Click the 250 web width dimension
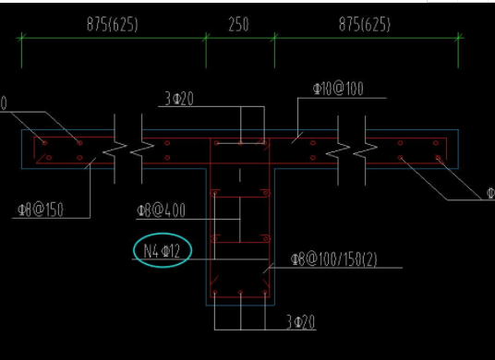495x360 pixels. (238, 25)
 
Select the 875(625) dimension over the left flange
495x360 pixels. (113, 25)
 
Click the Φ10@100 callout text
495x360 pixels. (337, 90)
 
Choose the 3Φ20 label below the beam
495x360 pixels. (300, 321)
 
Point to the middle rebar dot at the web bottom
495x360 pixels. (240, 296)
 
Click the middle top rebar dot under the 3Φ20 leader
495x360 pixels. (240, 143)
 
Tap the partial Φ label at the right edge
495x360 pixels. (489, 194)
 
